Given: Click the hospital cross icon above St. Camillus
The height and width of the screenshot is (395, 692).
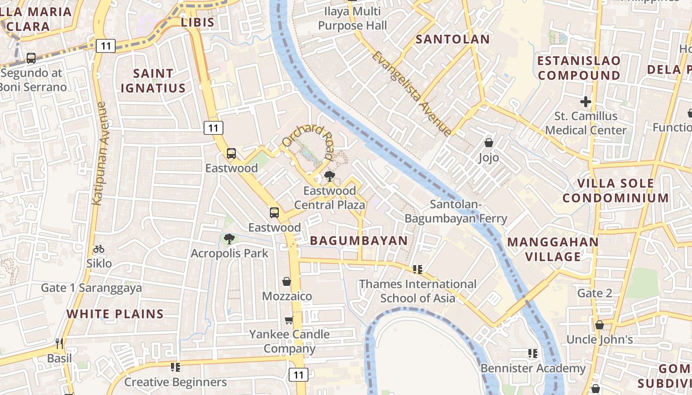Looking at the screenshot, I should click(x=586, y=102).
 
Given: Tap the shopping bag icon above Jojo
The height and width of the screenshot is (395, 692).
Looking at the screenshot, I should click(x=488, y=143).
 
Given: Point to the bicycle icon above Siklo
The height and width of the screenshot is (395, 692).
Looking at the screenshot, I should click(x=99, y=249).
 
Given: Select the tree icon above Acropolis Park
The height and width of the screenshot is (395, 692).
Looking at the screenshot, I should click(x=229, y=239).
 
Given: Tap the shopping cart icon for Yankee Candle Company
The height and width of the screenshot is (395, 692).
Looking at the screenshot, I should click(x=289, y=320).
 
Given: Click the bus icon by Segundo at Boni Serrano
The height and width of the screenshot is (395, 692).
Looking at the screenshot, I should click(x=31, y=58).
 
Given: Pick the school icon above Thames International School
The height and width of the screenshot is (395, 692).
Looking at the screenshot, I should click(x=418, y=270).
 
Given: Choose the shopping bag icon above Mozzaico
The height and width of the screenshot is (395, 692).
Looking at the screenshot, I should click(x=287, y=281).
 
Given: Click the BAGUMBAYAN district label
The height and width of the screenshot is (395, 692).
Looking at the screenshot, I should click(x=359, y=241).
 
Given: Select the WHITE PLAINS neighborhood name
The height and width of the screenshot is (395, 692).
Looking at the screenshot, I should click(x=115, y=314).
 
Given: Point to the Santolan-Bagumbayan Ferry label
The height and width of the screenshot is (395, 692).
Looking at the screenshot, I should click(x=456, y=211).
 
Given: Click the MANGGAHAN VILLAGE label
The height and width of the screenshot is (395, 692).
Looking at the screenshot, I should click(x=553, y=249).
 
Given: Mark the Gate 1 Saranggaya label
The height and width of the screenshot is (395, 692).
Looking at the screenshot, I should click(x=91, y=288).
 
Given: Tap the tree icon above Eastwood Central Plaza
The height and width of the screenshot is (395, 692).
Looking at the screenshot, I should click(x=329, y=176).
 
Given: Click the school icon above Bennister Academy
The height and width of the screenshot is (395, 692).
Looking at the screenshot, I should click(x=532, y=354).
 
